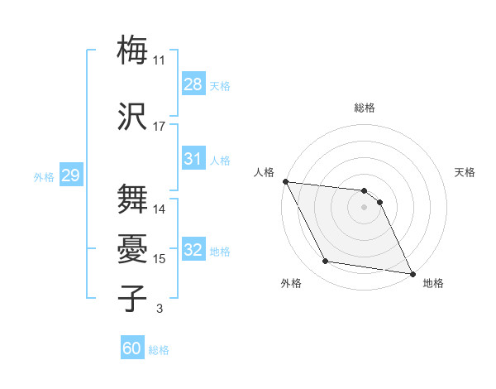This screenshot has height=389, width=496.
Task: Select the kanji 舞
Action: tap(133, 199)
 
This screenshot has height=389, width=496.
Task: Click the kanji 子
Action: tap(133, 299)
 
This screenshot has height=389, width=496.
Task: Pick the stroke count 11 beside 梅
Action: tap(160, 60)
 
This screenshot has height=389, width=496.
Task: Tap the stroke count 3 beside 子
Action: tap(159, 309)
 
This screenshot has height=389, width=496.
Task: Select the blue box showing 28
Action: tap(193, 84)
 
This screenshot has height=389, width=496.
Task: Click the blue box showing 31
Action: tap(193, 159)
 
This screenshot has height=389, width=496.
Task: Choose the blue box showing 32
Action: tap(193, 250)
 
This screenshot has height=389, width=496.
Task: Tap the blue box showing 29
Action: tap(70, 175)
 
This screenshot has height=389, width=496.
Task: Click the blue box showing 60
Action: tap(132, 348)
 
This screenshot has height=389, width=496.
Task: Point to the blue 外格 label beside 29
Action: tap(44, 176)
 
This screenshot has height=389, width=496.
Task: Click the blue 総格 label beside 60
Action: tap(159, 349)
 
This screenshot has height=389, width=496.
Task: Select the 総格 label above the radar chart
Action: tap(364, 108)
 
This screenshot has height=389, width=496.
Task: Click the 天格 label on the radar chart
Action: tap(465, 172)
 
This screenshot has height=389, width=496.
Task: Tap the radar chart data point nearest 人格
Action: tap(285, 181)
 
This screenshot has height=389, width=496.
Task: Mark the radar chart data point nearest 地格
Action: tap(413, 272)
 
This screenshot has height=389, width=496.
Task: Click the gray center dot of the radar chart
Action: tap(364, 207)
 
